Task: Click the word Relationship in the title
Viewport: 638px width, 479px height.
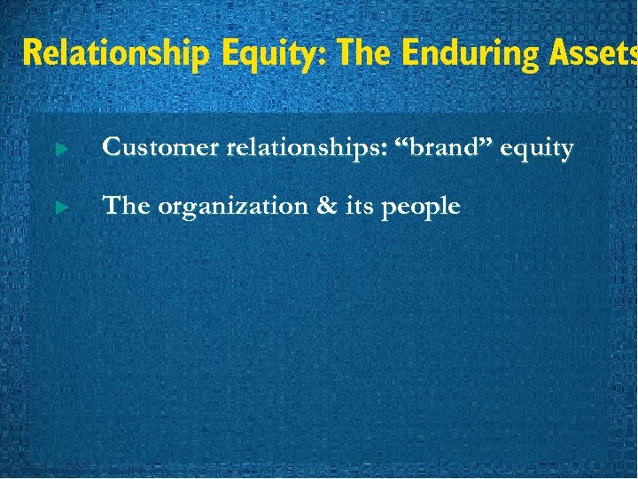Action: click(114, 52)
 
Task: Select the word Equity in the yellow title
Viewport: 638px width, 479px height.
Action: click(269, 52)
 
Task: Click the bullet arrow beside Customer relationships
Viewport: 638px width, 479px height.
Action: click(60, 150)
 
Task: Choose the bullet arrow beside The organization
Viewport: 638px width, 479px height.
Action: click(60, 208)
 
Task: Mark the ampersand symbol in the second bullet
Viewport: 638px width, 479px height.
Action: click(319, 206)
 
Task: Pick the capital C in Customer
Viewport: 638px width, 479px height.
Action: click(113, 147)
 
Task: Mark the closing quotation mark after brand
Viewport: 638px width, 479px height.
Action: click(486, 141)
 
